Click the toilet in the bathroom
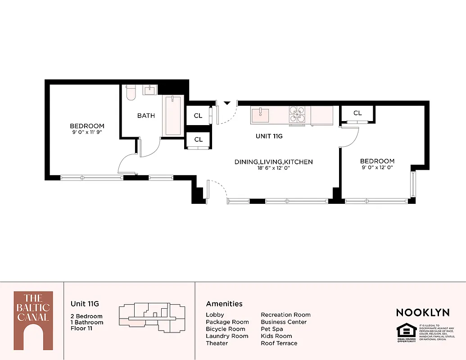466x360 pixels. point(131,92)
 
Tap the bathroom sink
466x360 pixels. point(149,90)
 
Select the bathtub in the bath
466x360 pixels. point(173,116)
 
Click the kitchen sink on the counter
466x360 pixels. point(260,114)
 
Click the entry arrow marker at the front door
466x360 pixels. point(227,103)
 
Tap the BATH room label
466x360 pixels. point(146,116)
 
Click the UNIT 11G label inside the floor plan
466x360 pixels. point(269,136)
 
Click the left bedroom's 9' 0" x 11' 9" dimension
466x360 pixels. point(87,132)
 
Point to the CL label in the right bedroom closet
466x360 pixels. point(357,113)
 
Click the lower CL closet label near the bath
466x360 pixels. point(199,139)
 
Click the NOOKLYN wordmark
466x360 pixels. point(422,312)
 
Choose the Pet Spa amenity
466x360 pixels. point(272,329)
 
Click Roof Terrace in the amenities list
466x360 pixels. point(279,343)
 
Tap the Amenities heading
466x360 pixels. point(224,304)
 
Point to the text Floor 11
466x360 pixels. point(82,328)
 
